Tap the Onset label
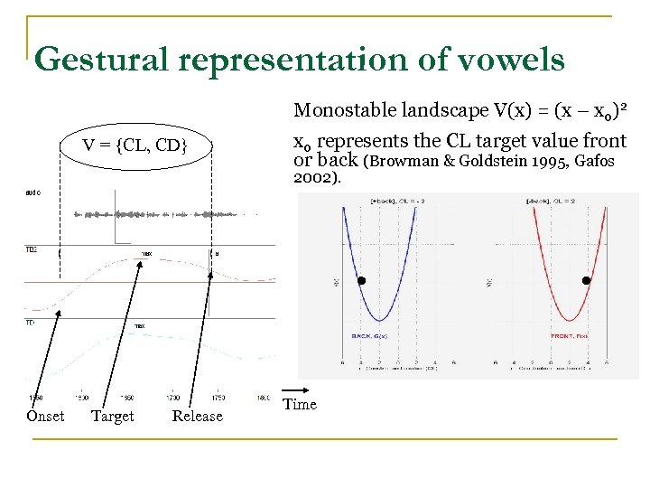pyautogui.click(x=45, y=416)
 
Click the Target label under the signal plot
pyautogui.click(x=113, y=416)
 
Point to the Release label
pyautogui.click(x=197, y=416)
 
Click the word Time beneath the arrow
pyautogui.click(x=300, y=405)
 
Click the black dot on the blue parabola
pyautogui.click(x=361, y=281)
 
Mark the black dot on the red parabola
pyautogui.click(x=586, y=281)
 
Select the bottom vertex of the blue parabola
pyautogui.click(x=381, y=320)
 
